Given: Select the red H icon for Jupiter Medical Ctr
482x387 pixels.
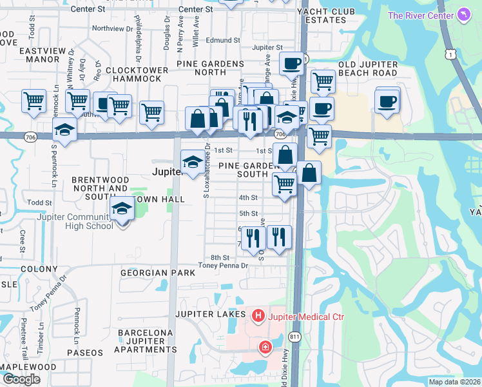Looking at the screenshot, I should point(258,316).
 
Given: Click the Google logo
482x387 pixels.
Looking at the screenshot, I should point(21,379).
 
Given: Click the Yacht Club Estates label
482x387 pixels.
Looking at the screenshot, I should point(322,15).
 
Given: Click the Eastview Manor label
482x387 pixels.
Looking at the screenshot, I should point(30,54).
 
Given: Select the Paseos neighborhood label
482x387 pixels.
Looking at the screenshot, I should point(84,353).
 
